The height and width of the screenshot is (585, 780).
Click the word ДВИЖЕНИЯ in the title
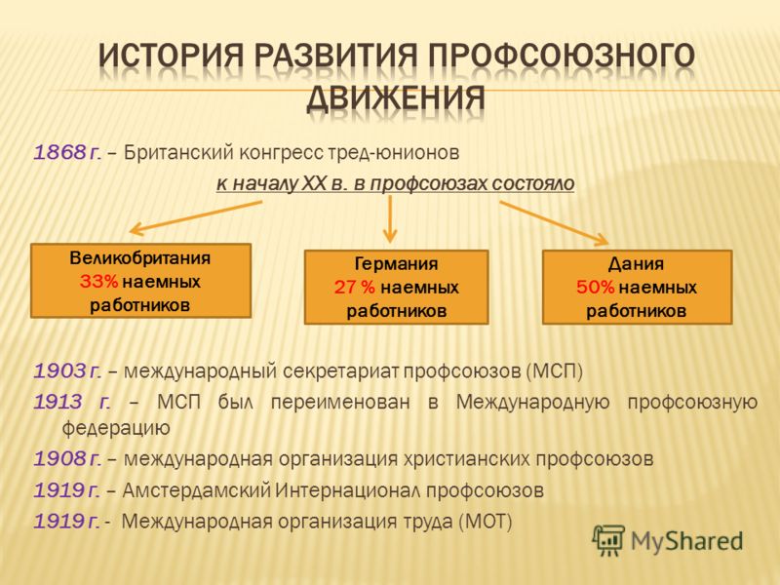click(x=396, y=98)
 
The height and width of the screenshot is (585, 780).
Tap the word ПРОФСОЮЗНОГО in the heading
click(x=562, y=56)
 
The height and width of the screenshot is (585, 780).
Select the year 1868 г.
click(x=67, y=152)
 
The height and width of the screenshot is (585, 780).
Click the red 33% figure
click(x=98, y=282)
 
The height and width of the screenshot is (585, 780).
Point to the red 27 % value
click(x=355, y=287)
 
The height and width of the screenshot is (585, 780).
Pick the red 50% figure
click(x=596, y=287)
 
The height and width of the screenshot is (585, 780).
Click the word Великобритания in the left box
click(x=140, y=257)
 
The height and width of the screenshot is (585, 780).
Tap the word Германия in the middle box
click(x=397, y=263)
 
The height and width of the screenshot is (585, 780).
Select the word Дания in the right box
click(x=637, y=263)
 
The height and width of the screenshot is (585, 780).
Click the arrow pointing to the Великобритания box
click(x=196, y=217)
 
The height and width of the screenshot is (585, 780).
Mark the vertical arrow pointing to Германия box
click(x=391, y=218)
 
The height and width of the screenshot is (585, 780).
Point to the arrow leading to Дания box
click(x=554, y=223)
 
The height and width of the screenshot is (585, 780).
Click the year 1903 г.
click(x=67, y=371)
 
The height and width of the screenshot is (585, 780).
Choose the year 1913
click(x=58, y=402)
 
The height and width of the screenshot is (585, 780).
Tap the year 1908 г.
click(x=67, y=458)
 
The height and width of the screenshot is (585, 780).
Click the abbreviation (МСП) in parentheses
click(x=554, y=371)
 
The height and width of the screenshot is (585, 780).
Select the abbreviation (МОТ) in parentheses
click(x=485, y=522)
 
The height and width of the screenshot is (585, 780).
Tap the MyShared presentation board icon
click(x=607, y=540)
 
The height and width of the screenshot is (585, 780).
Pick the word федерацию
click(x=116, y=428)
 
